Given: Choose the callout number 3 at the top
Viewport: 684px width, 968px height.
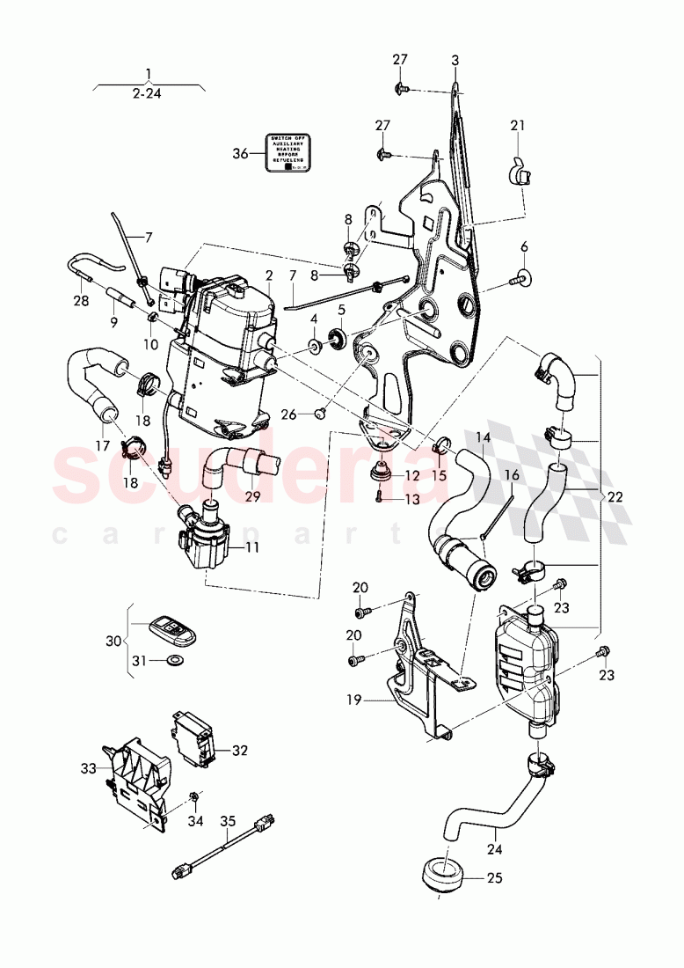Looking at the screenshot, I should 455,60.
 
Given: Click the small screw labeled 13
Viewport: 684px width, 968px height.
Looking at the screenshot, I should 379,498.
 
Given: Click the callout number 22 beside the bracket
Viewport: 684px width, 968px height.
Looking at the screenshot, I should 614,497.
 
